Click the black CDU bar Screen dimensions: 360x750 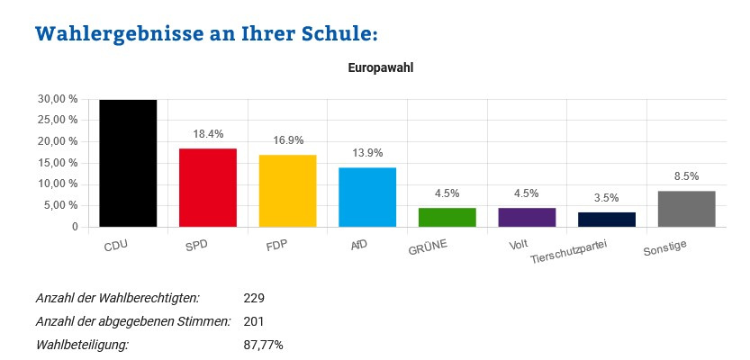click(128, 163)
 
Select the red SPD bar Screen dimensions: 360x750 click(207, 187)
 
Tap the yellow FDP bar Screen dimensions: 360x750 click(287, 191)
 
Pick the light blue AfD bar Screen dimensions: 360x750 click(367, 197)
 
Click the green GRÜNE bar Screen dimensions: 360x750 click(447, 217)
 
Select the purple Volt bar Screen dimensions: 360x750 click(527, 217)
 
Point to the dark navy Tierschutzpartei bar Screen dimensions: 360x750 click(607, 220)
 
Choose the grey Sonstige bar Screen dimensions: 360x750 click(686, 209)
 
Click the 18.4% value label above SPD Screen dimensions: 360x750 click(208, 134)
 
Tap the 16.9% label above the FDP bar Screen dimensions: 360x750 click(287, 140)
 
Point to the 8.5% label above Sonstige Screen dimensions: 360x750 click(686, 176)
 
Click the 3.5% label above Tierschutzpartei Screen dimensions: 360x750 click(607, 197)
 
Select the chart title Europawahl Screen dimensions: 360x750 click(380, 67)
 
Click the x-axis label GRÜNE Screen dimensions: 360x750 click(428, 246)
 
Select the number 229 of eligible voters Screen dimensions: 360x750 click(254, 298)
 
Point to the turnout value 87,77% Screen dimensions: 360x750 click(264, 345)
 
